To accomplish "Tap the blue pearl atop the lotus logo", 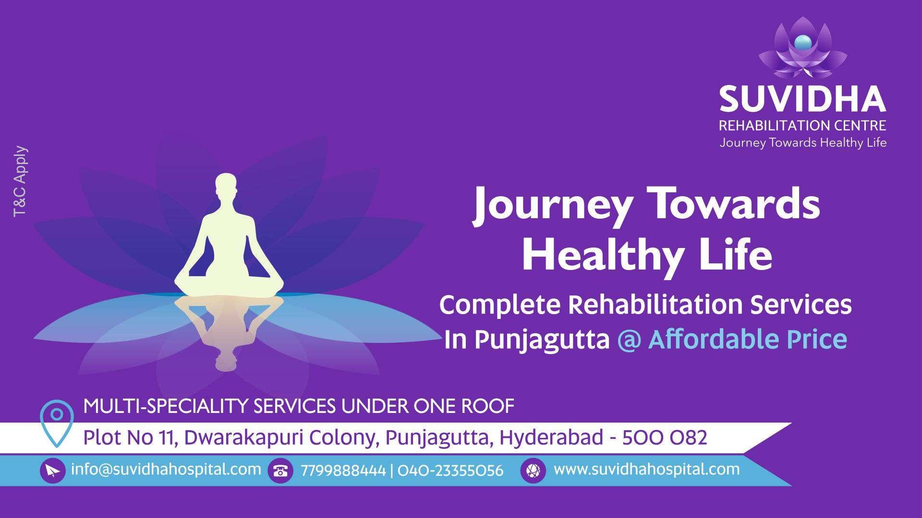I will click(802, 43).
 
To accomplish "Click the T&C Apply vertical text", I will click(21, 181).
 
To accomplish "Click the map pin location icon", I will click(57, 422).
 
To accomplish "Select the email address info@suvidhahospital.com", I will click(166, 469).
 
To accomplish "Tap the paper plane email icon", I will click(52, 471).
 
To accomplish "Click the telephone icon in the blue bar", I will click(280, 471).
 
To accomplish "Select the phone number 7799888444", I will click(343, 471).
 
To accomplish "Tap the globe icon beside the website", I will click(533, 471).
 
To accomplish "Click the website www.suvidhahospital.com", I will click(646, 469).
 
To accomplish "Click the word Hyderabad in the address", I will click(551, 437).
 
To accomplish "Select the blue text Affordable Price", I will click(747, 340).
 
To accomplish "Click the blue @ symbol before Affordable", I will click(629, 340).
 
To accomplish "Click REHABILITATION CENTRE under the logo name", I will click(802, 126).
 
